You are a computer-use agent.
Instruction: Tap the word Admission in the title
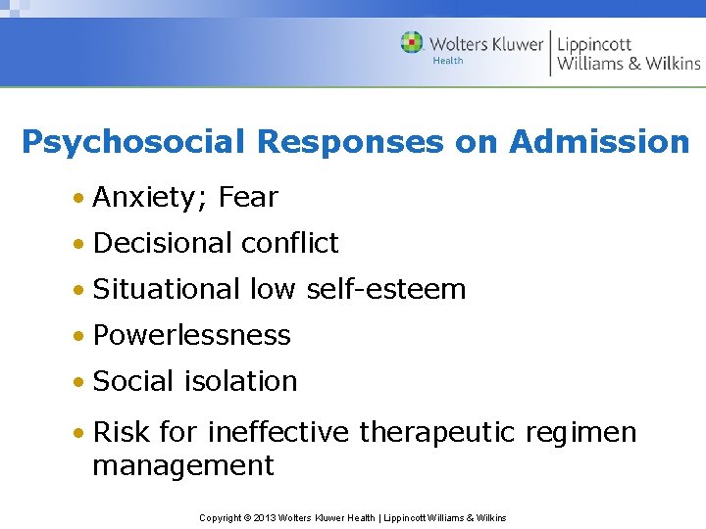click(x=599, y=143)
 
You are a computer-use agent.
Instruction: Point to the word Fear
click(x=249, y=197)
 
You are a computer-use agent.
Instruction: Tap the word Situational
click(x=167, y=289)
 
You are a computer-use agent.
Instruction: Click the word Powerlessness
click(x=192, y=335)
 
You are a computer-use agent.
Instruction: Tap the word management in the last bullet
click(x=183, y=465)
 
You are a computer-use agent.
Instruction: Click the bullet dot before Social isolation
click(x=77, y=382)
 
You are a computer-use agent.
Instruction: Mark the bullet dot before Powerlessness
click(x=77, y=336)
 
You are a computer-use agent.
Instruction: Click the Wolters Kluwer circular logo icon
click(x=412, y=42)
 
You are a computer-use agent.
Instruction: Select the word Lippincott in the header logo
click(x=594, y=44)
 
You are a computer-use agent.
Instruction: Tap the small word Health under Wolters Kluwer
click(x=448, y=61)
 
